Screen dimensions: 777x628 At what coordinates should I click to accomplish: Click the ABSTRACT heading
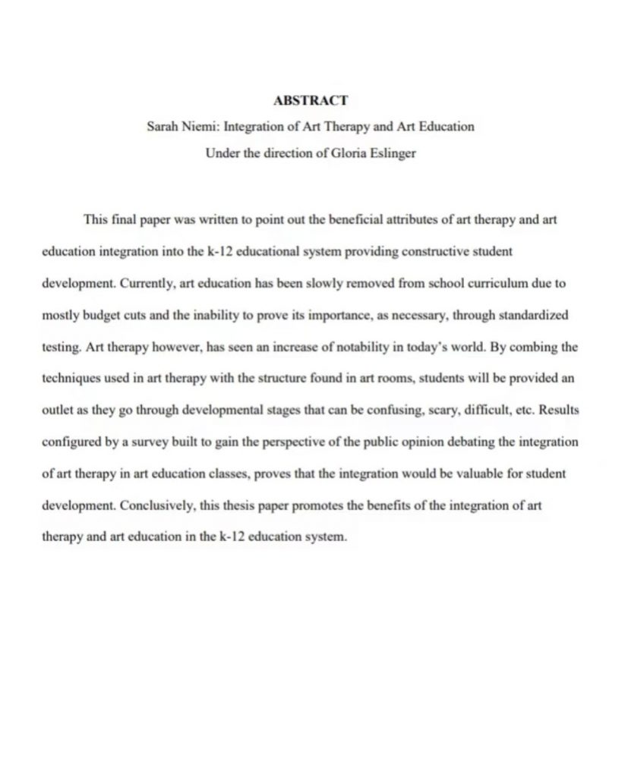point(310,100)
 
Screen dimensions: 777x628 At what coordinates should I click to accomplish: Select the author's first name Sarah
point(163,126)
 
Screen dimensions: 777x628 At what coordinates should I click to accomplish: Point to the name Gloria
point(346,152)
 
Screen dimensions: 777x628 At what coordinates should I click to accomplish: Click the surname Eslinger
point(392,152)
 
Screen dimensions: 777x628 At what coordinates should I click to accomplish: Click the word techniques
point(68,377)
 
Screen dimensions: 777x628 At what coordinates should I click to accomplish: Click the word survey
point(166,441)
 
